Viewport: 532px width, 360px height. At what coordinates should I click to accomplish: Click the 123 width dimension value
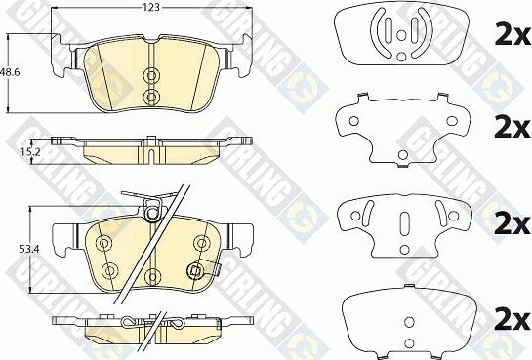click(151, 8)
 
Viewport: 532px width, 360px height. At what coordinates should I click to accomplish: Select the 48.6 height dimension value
click(10, 72)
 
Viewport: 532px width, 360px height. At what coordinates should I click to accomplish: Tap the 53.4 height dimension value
click(29, 250)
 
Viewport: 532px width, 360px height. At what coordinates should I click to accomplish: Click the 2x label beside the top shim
click(512, 34)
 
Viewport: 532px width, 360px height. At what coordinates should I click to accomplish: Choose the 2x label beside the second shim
click(512, 127)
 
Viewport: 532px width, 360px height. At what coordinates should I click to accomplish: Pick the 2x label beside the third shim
click(512, 223)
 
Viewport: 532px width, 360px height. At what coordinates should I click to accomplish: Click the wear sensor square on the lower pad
click(195, 271)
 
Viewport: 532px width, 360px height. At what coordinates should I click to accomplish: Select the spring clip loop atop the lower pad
click(152, 213)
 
